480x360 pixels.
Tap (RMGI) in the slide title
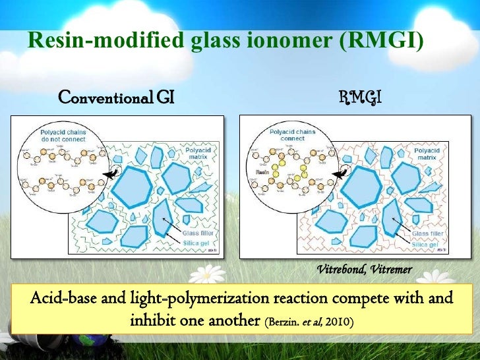tap(379, 41)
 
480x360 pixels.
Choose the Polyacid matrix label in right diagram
tap(428, 154)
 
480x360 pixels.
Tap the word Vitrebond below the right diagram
tap(342, 270)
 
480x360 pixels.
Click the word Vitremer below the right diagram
tap(391, 270)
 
